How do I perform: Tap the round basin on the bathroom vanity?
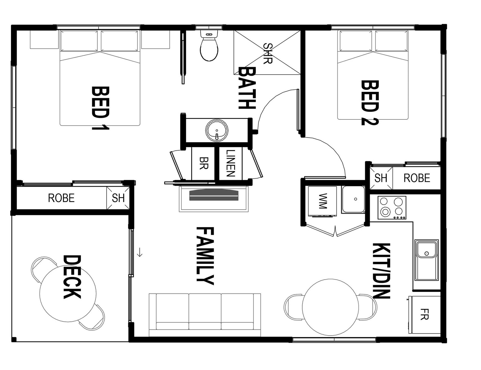coord(217,130)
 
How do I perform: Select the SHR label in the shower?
coord(268,53)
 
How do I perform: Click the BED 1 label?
coord(100,108)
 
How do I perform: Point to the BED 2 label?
coord(370,103)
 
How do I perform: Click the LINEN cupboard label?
coord(230,163)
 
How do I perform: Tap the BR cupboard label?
coord(204,163)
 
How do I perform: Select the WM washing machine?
coord(322,201)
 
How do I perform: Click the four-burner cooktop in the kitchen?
coord(392,208)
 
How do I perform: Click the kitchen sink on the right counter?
coord(426,260)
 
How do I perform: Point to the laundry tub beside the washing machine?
coord(353,200)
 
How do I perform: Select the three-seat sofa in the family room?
coord(205,315)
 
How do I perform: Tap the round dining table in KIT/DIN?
coord(330,307)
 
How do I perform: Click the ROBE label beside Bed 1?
coord(61,198)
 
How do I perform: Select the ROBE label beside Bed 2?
coord(417,178)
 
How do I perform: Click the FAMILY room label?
coord(205,256)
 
